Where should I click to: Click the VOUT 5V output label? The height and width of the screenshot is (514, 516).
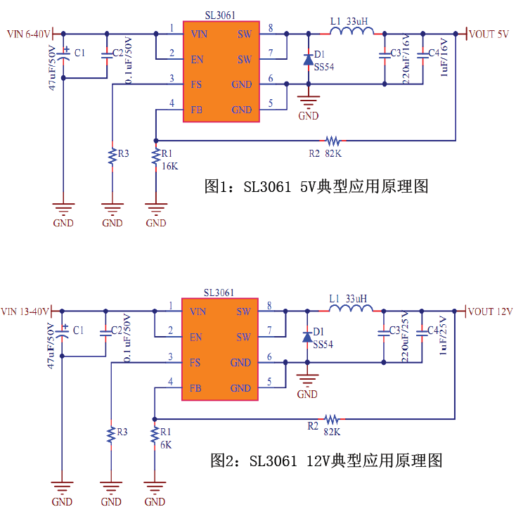pyautogui.click(x=489, y=34)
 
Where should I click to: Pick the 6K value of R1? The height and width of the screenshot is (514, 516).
pyautogui.click(x=166, y=444)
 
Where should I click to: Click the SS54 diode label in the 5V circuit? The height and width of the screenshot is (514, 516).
pyautogui.click(x=324, y=67)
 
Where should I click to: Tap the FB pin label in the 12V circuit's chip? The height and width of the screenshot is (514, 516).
pyautogui.click(x=196, y=388)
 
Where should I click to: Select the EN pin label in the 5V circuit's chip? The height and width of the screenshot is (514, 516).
pyautogui.click(x=197, y=59)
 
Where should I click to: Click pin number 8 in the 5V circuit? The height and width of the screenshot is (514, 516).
pyautogui.click(x=270, y=28)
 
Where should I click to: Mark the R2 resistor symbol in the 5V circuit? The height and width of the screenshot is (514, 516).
pyautogui.click(x=332, y=140)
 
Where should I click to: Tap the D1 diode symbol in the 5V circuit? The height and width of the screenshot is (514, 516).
pyautogui.click(x=307, y=60)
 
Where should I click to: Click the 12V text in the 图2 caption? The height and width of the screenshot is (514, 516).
pyautogui.click(x=317, y=461)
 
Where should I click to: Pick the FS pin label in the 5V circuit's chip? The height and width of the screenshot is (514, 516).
pyautogui.click(x=197, y=84)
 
